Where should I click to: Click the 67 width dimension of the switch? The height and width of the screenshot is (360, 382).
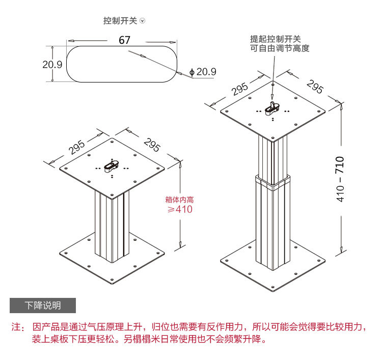point(125,40)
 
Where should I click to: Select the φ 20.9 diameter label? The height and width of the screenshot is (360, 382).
point(203,72)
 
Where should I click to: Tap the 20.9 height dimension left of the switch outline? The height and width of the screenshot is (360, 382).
point(52,64)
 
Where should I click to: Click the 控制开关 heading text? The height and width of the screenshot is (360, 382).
point(120,21)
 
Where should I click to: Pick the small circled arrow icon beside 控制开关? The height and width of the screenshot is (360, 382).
point(143,21)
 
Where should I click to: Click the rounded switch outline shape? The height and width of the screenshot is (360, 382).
point(122,64)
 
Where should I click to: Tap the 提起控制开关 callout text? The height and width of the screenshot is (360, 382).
point(276,39)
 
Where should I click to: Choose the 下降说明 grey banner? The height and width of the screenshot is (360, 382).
point(43,306)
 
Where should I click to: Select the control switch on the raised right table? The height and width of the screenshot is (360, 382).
point(274,107)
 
